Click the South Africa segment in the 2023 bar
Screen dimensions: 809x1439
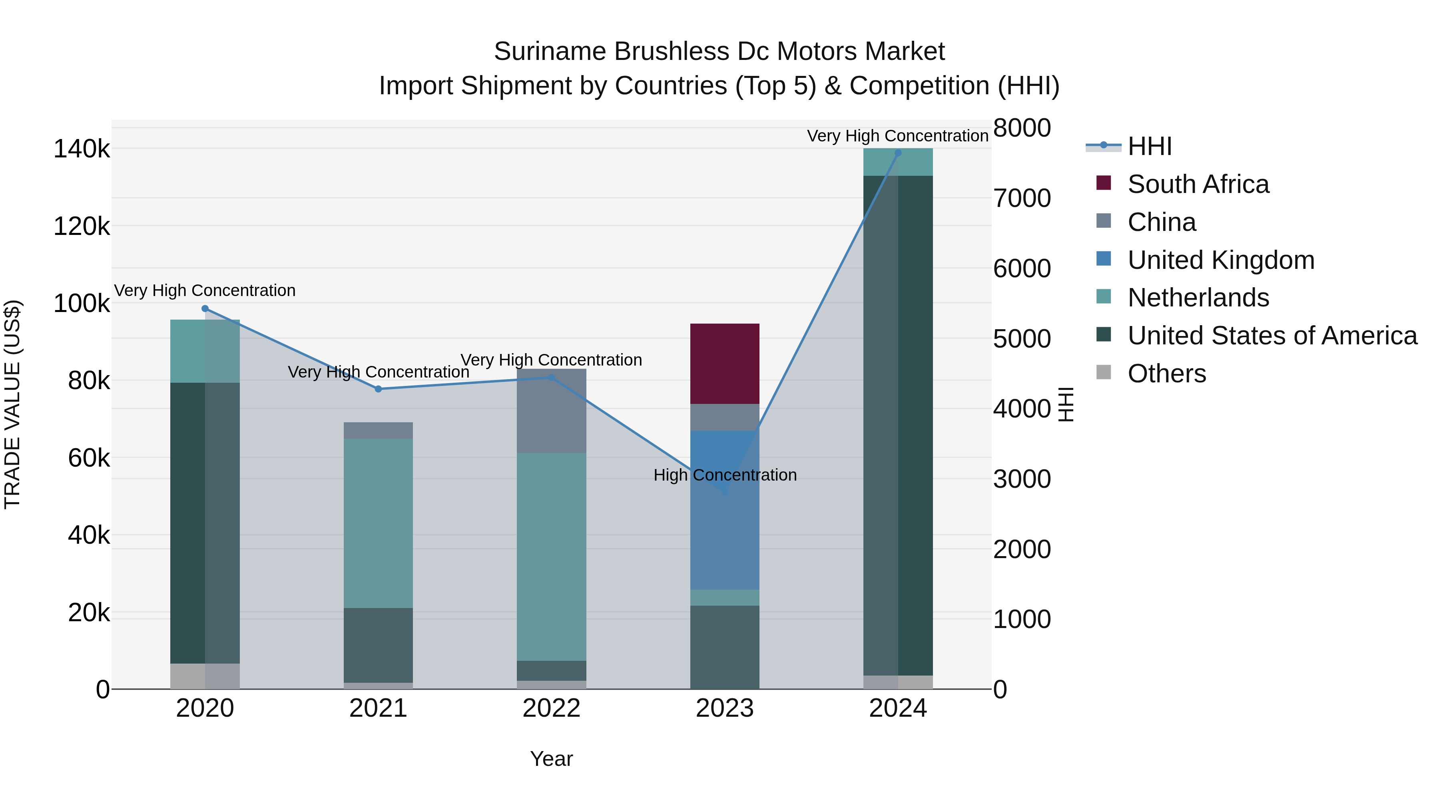725,364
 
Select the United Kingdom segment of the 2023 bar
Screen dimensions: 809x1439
725,509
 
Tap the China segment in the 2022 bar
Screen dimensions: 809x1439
551,410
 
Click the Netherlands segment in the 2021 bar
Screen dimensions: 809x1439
378,523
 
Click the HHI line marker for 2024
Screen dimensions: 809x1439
898,153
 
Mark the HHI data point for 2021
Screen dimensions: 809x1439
378,389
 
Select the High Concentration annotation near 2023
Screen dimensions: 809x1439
725,475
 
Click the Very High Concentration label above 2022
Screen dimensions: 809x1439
551,360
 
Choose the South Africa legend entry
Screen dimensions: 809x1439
1198,184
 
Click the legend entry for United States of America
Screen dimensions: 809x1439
1272,336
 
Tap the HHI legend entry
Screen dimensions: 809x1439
1149,146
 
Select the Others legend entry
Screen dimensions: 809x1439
1166,374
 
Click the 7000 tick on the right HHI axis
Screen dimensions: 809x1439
1022,198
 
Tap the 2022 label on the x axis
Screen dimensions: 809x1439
551,708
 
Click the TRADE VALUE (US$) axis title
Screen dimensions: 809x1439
12,404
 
